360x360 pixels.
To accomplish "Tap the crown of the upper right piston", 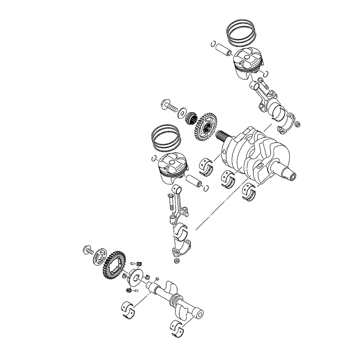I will [248, 58].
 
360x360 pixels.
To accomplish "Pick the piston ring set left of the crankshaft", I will [166, 139].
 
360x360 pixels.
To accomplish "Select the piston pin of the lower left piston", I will [195, 180].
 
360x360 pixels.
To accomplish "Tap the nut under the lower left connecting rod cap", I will [176, 260].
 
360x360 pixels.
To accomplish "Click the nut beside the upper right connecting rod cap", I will [297, 125].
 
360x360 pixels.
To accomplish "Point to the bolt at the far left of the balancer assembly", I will [87, 249].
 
